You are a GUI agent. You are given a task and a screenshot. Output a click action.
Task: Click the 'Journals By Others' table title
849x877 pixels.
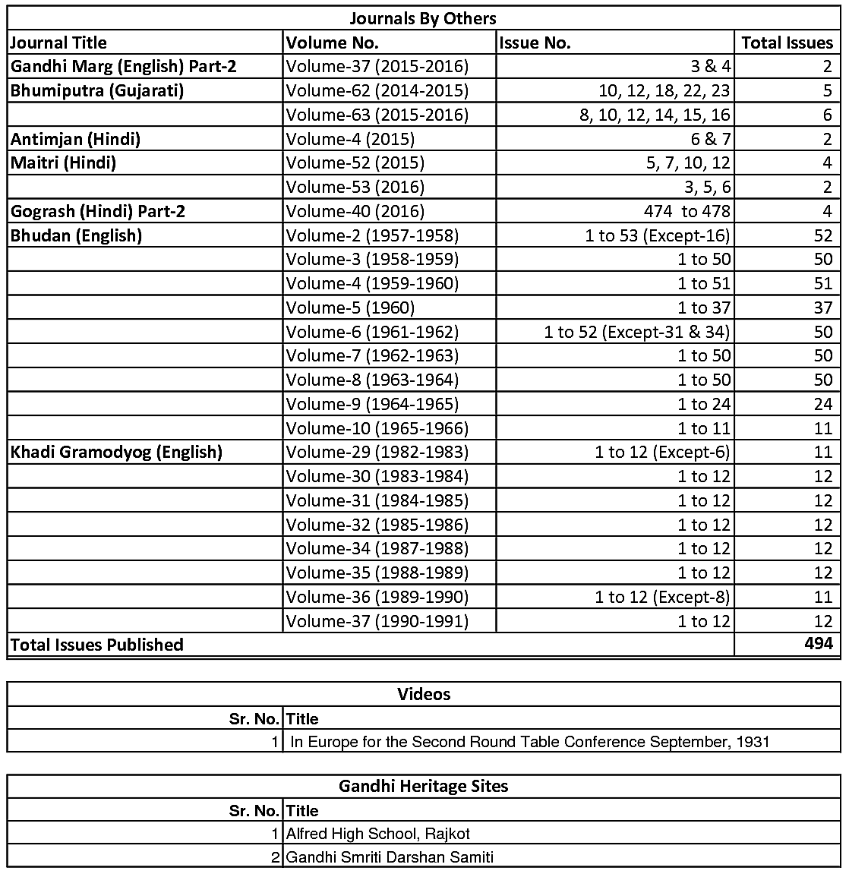[423, 18]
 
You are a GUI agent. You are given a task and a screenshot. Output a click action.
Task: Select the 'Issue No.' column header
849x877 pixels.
[535, 43]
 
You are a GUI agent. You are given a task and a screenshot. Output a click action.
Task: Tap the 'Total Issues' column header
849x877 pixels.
[787, 43]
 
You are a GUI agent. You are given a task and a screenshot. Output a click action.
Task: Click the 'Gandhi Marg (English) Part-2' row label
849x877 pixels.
[123, 67]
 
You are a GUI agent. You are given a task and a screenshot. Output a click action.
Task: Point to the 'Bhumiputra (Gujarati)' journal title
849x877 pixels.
[97, 91]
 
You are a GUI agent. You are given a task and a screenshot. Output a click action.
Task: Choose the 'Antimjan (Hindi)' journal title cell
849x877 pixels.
[75, 139]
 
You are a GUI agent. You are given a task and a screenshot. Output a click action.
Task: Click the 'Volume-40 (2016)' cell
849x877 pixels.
[355, 211]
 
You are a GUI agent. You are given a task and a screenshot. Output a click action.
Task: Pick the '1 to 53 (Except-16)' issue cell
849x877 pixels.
[657, 235]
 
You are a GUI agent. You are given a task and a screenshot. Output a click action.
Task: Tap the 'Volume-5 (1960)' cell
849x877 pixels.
[350, 308]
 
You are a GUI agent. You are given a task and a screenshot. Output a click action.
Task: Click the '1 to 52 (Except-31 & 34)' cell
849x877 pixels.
[636, 332]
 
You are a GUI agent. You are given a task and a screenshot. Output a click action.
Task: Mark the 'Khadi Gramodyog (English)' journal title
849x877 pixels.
[116, 453]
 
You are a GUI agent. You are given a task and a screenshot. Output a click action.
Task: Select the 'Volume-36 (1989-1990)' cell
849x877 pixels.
[377, 597]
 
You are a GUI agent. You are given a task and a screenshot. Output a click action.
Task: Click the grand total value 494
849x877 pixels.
[818, 645]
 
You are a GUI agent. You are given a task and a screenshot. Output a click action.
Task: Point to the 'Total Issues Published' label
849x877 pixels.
[96, 645]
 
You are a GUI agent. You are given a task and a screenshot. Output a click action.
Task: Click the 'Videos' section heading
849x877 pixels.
[424, 694]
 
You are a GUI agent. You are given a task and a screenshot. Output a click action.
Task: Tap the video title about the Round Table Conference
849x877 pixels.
[529, 742]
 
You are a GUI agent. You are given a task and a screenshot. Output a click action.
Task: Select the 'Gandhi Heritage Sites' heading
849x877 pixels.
[424, 787]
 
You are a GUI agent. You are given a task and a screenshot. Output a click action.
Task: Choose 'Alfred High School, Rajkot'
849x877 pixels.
[378, 834]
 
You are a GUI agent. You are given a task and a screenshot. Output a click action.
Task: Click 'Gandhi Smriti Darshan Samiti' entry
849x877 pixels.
[390, 858]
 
